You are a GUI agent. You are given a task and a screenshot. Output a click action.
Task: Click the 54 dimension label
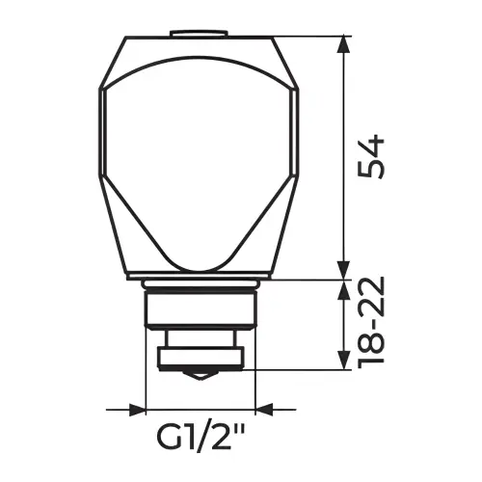tap(371, 156)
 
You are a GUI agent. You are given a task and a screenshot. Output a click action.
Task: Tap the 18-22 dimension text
tap(371, 319)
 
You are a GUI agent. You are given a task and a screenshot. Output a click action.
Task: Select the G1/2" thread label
tap(201, 438)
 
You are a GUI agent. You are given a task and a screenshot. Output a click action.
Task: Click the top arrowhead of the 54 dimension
tap(344, 45)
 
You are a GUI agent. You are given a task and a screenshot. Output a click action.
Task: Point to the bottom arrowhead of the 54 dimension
tap(344, 271)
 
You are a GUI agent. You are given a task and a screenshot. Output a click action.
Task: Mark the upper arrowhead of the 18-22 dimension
tap(344, 289)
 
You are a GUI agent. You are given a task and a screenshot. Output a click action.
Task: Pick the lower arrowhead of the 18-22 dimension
tap(344, 361)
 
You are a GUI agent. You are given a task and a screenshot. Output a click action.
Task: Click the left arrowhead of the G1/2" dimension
tap(137, 410)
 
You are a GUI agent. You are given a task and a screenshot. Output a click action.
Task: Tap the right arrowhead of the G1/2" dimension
tap(264, 410)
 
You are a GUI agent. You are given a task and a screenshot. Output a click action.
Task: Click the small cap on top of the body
tap(199, 34)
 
